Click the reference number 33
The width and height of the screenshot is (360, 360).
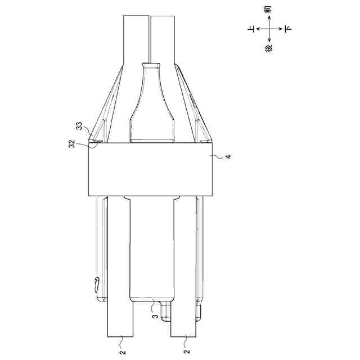[79, 126]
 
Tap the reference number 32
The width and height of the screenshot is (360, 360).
[72, 144]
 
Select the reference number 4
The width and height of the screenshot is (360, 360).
[228, 156]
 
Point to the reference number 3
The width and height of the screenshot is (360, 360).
[155, 316]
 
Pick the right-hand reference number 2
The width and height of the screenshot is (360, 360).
[187, 351]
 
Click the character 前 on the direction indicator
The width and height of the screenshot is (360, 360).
[269, 10]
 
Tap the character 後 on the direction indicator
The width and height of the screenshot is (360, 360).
[269, 49]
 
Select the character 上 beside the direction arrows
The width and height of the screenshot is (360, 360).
[251, 29]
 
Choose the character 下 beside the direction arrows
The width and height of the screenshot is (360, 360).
[288, 29]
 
